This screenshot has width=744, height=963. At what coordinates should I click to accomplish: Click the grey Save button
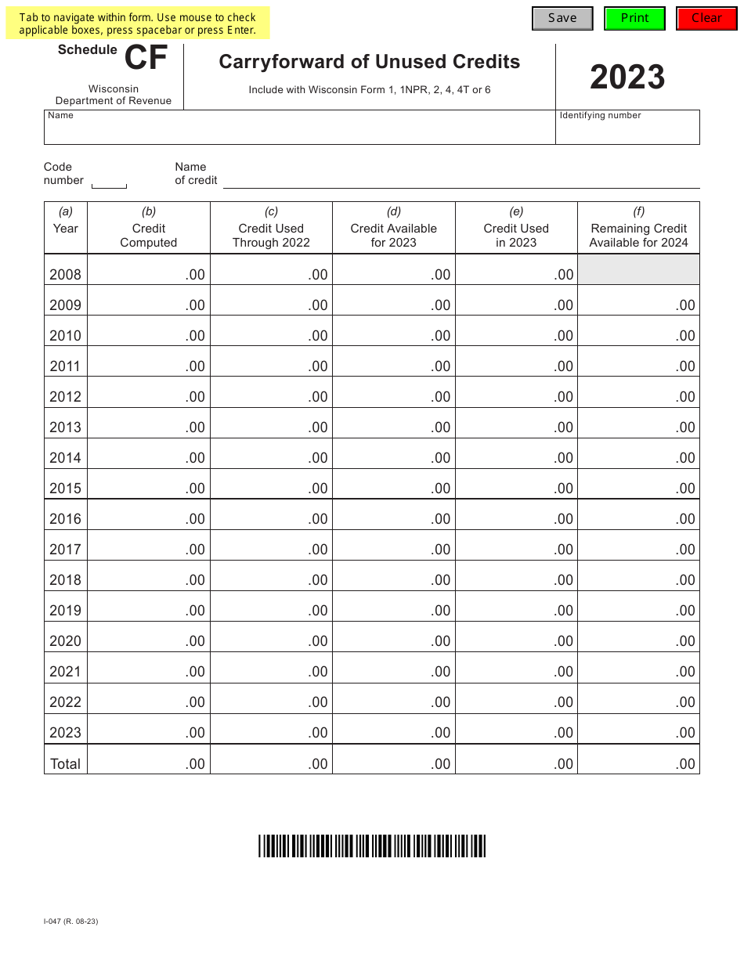[562, 19]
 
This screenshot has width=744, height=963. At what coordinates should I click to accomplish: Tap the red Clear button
[706, 19]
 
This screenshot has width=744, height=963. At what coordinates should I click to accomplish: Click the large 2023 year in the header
[627, 77]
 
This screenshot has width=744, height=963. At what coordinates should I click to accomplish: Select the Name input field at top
[299, 131]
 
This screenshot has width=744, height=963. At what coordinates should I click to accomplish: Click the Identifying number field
[627, 131]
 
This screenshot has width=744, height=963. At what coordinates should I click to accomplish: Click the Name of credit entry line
[461, 180]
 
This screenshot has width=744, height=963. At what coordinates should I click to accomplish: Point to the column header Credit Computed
[149, 235]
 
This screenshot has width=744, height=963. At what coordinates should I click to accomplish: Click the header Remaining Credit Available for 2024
[638, 235]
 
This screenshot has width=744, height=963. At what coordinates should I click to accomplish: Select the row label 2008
[65, 275]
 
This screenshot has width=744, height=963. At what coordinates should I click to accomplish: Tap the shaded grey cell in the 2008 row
[638, 269]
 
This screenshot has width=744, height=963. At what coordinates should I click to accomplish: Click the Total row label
[65, 764]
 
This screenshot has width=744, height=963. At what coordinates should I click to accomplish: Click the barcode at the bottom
[372, 846]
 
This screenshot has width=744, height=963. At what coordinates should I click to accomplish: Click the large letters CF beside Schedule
[146, 60]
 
